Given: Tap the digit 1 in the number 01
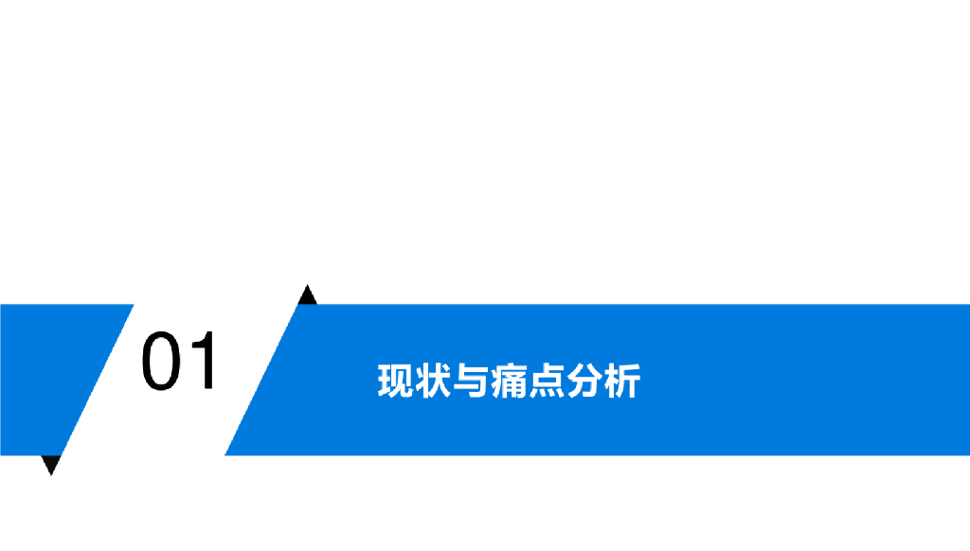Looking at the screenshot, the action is [x=203, y=362].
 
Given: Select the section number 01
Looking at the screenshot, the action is [x=180, y=362].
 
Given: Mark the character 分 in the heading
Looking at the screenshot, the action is [x=584, y=381].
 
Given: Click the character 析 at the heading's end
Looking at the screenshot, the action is [x=622, y=381].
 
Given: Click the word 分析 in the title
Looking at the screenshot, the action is [x=603, y=381].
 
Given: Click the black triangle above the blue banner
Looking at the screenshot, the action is [x=307, y=296].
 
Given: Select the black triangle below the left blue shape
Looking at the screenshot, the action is [x=52, y=463].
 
